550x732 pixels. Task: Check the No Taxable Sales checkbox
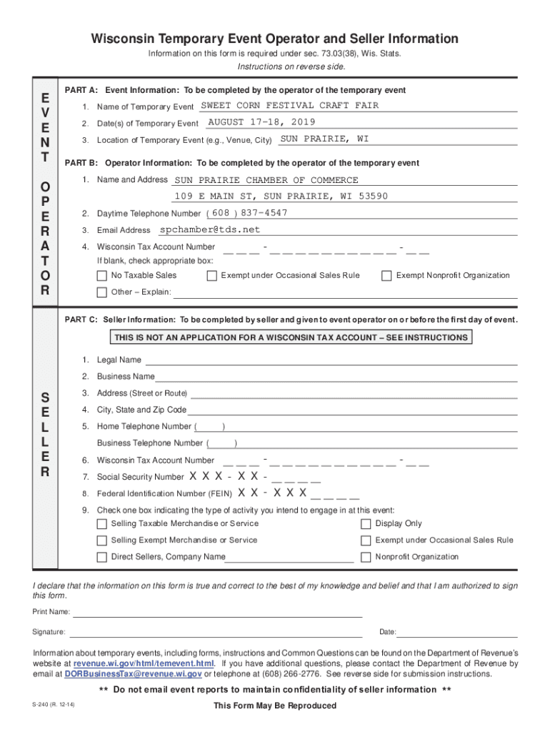(x=101, y=276)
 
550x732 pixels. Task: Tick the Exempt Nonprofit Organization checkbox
(x=386, y=276)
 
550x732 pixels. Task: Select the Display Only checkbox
(x=366, y=524)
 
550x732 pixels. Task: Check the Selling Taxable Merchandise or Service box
(x=101, y=524)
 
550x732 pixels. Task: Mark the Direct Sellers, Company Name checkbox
(x=101, y=557)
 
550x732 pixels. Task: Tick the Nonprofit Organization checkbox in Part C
(x=366, y=557)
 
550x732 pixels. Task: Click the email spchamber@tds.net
(x=210, y=230)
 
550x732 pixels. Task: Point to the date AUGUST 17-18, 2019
(x=261, y=122)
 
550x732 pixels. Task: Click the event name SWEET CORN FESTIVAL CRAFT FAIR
(x=289, y=106)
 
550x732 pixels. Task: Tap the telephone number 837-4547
(x=264, y=213)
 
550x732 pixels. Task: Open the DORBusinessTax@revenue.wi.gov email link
(x=133, y=673)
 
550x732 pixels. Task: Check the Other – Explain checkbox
(x=101, y=292)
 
